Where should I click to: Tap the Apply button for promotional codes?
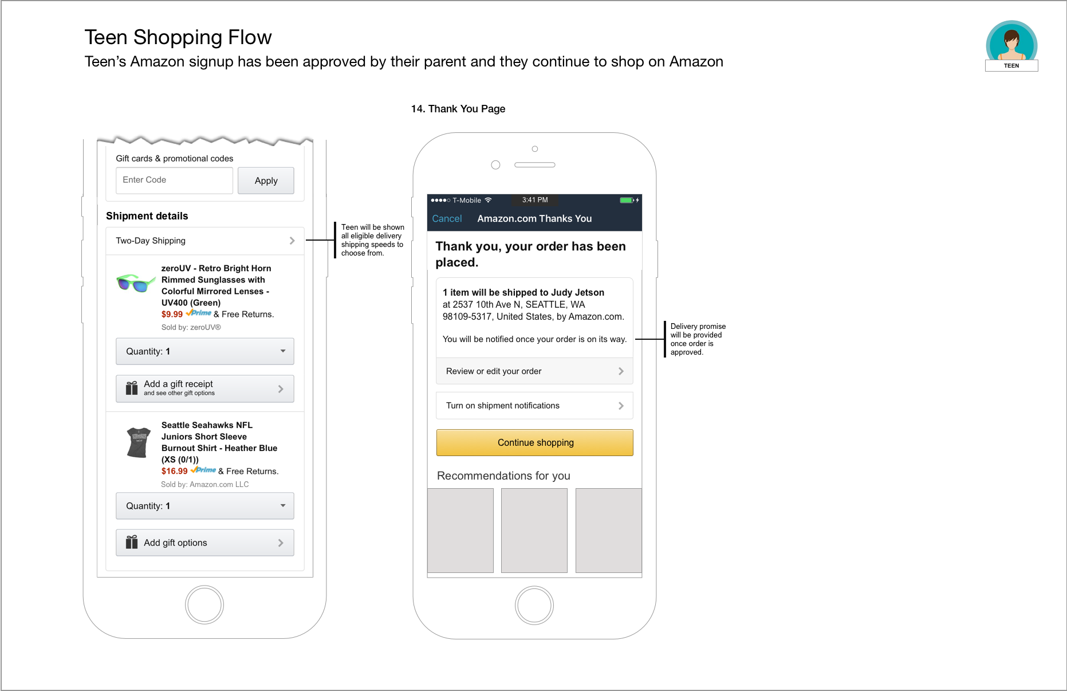pyautogui.click(x=266, y=180)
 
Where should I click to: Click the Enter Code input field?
pyautogui.click(x=174, y=180)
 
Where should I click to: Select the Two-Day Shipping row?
pyautogui.click(x=205, y=241)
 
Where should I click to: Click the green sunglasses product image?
pyautogui.click(x=136, y=282)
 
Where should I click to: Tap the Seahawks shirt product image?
pyautogui.click(x=138, y=442)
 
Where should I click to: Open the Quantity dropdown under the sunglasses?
pyautogui.click(x=205, y=351)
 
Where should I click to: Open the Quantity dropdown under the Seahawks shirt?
pyautogui.click(x=205, y=506)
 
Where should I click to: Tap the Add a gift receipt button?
pyautogui.click(x=205, y=388)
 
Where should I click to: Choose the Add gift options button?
pyautogui.click(x=205, y=543)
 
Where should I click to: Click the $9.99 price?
pyautogui.click(x=172, y=315)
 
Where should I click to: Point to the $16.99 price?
pyautogui.click(x=174, y=472)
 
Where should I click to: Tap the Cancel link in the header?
pyautogui.click(x=447, y=219)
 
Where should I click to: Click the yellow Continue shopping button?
pyautogui.click(x=535, y=443)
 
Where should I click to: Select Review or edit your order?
pyautogui.click(x=534, y=371)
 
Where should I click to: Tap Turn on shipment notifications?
pyautogui.click(x=534, y=406)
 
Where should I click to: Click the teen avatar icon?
pyautogui.click(x=1011, y=43)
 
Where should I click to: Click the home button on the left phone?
pyautogui.click(x=204, y=604)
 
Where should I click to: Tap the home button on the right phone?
pyautogui.click(x=534, y=605)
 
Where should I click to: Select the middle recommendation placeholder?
pyautogui.click(x=534, y=530)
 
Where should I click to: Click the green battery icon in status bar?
pyautogui.click(x=627, y=200)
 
